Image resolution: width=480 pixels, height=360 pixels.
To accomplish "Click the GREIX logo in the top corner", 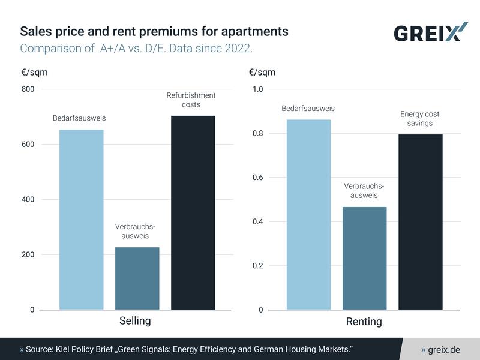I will [x=430, y=32].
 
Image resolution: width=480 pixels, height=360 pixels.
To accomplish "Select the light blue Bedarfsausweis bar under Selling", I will [x=82, y=220].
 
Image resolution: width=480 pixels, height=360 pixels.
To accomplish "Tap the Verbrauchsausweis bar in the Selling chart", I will [x=137, y=278].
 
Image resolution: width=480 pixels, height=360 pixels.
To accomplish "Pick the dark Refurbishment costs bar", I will [x=193, y=212].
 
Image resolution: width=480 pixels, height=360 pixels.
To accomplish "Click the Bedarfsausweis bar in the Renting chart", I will [x=308, y=215].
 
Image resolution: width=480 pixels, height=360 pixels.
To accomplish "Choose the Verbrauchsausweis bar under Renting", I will [x=364, y=258].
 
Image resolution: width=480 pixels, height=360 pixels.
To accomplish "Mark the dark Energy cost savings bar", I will [x=420, y=222].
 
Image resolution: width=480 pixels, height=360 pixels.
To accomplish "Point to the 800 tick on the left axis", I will [x=29, y=89].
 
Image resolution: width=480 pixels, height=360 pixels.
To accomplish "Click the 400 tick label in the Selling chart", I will [x=29, y=200].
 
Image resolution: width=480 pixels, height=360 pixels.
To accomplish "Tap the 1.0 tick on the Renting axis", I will [x=257, y=89].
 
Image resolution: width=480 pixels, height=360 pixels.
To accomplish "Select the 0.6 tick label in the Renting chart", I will [x=257, y=178].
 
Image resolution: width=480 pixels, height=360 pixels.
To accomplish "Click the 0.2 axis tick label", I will [x=257, y=266].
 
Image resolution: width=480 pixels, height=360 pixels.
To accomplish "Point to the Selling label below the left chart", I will [x=135, y=321].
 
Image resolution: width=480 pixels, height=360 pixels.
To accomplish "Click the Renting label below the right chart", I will [x=364, y=322].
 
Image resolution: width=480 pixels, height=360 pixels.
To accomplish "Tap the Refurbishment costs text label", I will [x=191, y=100].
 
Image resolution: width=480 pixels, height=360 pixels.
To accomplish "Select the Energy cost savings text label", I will [x=420, y=119].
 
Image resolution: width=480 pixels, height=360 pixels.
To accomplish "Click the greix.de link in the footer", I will [x=443, y=349].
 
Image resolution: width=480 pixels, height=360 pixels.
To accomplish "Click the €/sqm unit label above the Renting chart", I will [x=262, y=73].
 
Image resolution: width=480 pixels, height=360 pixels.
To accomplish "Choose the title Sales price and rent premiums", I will [x=154, y=31].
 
